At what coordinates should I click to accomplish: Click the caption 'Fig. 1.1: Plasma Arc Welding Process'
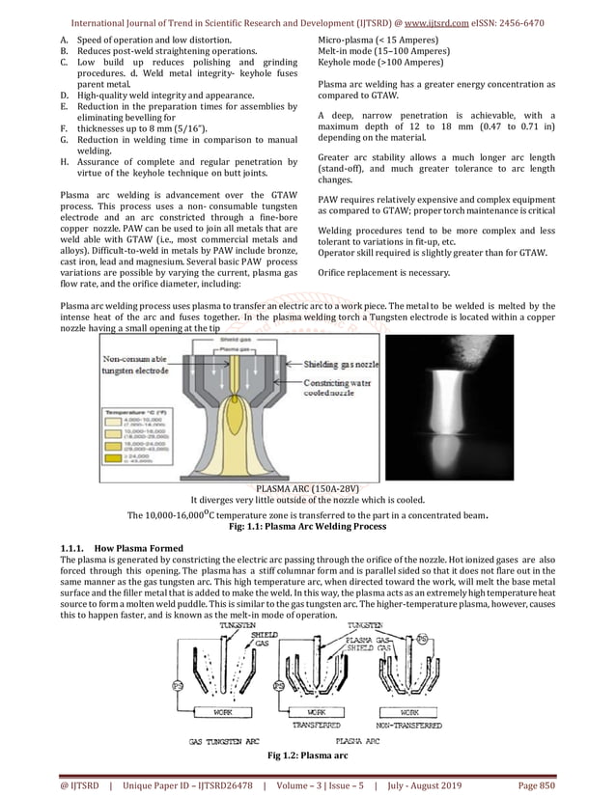pos(308,528)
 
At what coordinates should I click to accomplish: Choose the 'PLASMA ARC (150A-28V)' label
pos(308,490)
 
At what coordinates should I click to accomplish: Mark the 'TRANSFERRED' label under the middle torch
pos(318,724)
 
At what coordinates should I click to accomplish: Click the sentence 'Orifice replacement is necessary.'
pos(383,273)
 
